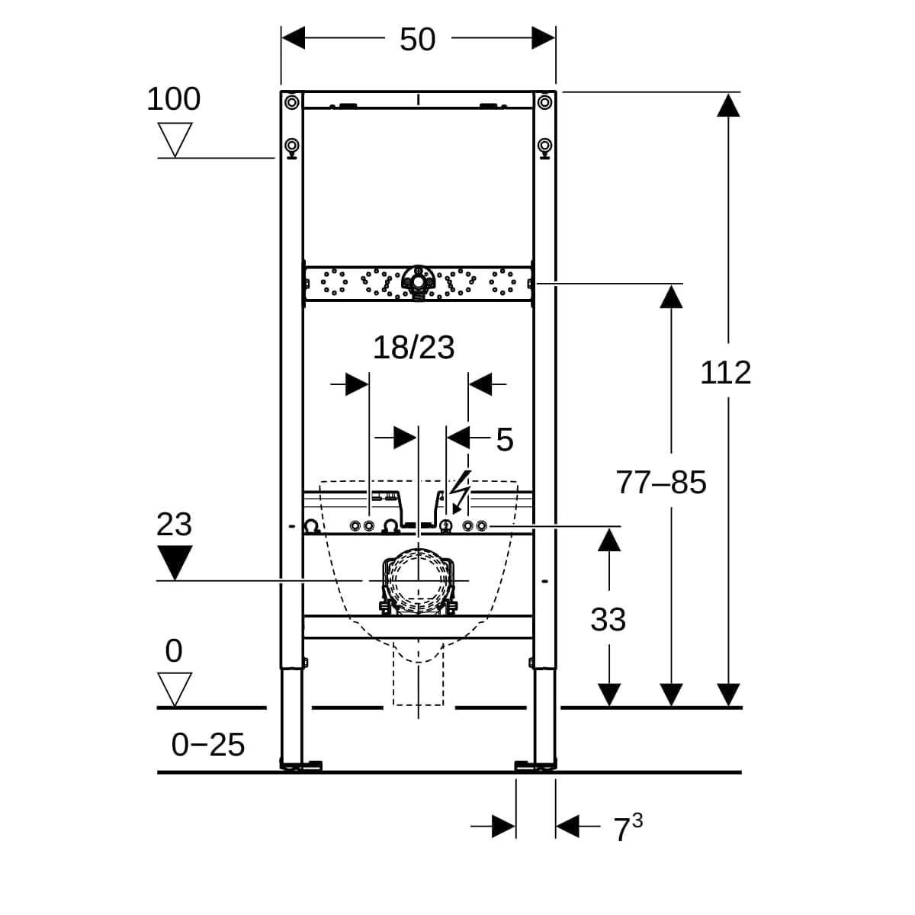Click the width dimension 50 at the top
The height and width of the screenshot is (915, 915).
pos(417,40)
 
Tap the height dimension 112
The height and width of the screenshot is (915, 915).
pos(725,372)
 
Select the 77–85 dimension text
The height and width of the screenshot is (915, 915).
pos(661,483)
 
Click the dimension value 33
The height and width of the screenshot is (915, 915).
pos(608,619)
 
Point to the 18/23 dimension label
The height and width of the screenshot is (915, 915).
pos(413,348)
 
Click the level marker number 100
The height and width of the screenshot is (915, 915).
pos(173,99)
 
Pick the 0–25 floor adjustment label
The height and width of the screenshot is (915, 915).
pos(208,744)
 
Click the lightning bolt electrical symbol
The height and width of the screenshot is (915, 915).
pos(460,492)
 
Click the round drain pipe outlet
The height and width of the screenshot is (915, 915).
pos(419,581)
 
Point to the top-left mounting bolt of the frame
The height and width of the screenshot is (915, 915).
pos(291,101)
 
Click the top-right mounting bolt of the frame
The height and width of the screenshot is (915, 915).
pos(544,101)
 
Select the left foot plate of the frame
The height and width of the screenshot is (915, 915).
pos(301,766)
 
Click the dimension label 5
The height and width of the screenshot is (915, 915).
pos(504,440)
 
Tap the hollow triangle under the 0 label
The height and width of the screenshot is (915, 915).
pos(175,689)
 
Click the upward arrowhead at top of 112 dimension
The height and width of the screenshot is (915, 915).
pos(728,105)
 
